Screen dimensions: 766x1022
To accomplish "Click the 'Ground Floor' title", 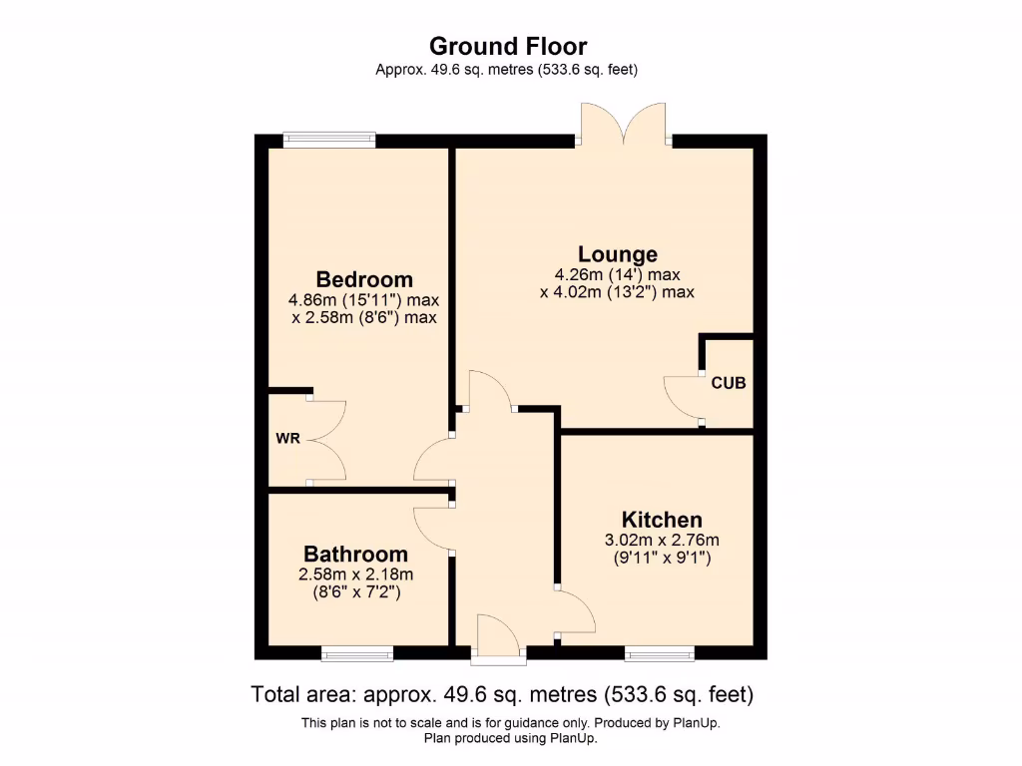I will coord(508,46).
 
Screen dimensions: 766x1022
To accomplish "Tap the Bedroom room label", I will coord(364,279).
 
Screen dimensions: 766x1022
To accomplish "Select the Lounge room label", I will coord(618,254).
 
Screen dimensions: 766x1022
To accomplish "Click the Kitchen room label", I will coord(662,520).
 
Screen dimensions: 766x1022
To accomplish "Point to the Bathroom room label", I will coord(355,554).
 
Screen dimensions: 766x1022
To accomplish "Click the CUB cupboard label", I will coord(728,383).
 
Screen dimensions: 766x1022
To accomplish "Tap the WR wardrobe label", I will coord(288,438).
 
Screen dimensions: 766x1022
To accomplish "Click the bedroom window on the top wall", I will coord(329,141).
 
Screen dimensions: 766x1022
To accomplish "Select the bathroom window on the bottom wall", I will coord(356,653).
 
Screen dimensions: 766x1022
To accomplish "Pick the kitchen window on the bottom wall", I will coord(660,653).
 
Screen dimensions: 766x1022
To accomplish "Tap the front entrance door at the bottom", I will coord(499,638).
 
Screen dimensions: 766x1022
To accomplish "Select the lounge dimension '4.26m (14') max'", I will coord(617,275).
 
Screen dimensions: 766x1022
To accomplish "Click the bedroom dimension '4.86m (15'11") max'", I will coord(363,300).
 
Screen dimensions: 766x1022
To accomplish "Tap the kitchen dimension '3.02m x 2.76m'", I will coord(662,541).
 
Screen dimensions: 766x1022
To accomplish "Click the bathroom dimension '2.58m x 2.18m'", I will coord(355,574).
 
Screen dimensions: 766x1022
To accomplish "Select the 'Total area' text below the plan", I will coord(502,694).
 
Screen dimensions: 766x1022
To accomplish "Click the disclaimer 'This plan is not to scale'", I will coord(511,722).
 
